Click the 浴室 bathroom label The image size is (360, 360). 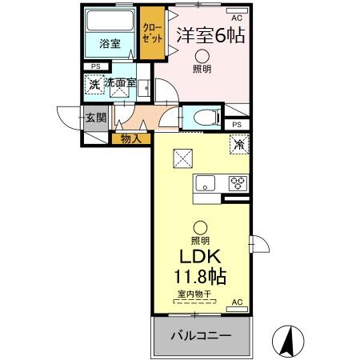110,44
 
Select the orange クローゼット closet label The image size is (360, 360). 150,33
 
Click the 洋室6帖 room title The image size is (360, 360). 210,34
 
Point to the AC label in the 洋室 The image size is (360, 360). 236,16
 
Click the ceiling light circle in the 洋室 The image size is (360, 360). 202,55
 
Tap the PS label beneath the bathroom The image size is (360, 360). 95,66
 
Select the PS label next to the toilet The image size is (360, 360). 236,125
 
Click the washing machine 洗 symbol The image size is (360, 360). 94,83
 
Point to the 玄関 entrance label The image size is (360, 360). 96,118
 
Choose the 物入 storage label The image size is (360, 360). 131,139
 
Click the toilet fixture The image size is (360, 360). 203,117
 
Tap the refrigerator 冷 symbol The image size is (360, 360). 238,144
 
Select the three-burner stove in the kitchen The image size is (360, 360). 238,181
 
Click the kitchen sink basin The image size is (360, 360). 203,181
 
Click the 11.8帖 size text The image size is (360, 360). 201,277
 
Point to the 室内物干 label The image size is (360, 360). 194,294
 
